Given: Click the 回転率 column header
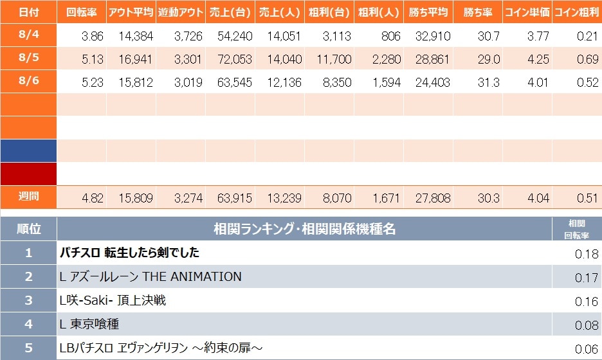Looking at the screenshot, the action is click(x=82, y=12).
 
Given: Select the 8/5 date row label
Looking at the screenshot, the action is click(x=29, y=58).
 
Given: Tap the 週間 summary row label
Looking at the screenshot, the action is click(x=29, y=197).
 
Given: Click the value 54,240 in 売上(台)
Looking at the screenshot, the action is click(x=235, y=36).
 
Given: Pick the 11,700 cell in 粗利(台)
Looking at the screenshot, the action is click(x=334, y=59).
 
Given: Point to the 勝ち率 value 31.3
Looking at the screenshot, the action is click(x=488, y=82).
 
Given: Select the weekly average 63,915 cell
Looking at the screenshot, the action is click(x=235, y=198).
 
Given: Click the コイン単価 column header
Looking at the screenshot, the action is click(x=527, y=12).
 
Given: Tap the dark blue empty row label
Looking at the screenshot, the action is click(x=28, y=151).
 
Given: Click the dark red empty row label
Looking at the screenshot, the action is click(x=28, y=174).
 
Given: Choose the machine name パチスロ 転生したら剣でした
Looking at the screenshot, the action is click(x=129, y=253).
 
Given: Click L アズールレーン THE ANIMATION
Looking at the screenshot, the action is click(x=150, y=276).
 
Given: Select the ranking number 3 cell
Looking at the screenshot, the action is click(x=28, y=300).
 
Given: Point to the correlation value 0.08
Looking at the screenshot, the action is click(x=587, y=325).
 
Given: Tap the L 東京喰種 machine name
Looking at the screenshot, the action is click(x=89, y=324).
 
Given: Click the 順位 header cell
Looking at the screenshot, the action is click(x=28, y=229).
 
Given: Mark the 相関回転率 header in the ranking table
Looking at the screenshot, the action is click(x=577, y=229).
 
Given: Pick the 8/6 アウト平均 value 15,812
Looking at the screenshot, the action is click(x=136, y=82).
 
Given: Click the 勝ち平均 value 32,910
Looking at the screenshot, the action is click(x=433, y=36).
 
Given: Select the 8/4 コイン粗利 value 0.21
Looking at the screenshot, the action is click(x=587, y=36).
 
